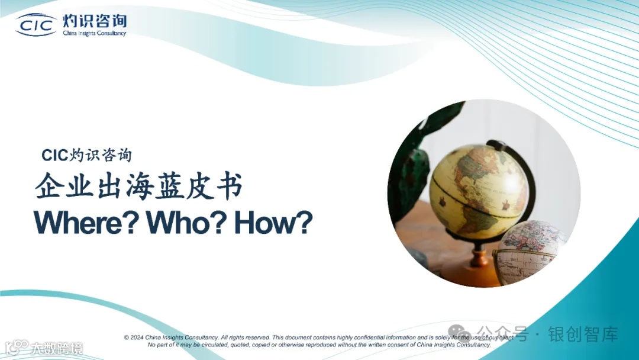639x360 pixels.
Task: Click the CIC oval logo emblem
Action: (x=36, y=24)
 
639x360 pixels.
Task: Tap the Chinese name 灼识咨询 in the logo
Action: (x=95, y=21)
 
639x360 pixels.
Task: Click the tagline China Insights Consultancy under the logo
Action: (x=95, y=34)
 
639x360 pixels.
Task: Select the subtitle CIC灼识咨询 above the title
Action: (x=87, y=155)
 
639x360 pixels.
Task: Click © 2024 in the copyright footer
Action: (x=134, y=337)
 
